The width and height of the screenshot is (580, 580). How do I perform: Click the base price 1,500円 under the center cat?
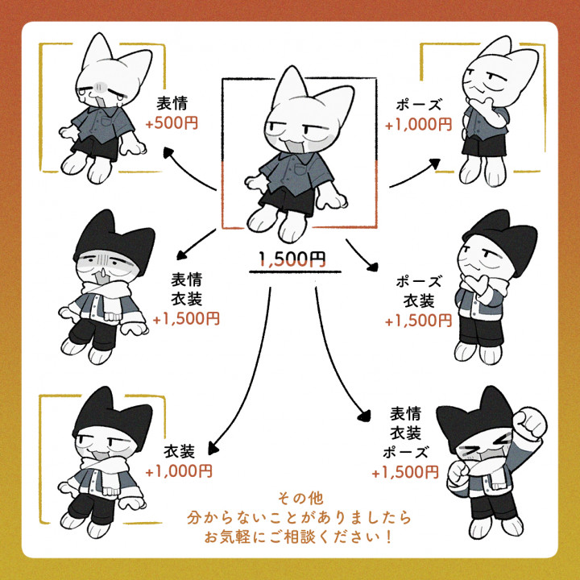click(292, 259)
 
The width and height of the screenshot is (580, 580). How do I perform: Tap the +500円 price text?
click(172, 123)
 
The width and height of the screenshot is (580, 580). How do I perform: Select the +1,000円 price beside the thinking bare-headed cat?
click(418, 125)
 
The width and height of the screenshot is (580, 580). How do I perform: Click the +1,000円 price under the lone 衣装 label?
click(179, 471)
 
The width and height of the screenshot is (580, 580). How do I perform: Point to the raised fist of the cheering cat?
click(530, 423)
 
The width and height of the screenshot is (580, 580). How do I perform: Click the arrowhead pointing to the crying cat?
click(168, 152)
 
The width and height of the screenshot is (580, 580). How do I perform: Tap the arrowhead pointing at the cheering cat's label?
click(365, 416)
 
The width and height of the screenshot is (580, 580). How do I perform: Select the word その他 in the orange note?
click(300, 499)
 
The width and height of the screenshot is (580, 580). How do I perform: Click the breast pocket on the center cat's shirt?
click(300, 169)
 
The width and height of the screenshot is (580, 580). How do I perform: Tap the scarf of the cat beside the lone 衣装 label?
click(105, 473)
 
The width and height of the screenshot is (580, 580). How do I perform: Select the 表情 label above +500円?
click(172, 103)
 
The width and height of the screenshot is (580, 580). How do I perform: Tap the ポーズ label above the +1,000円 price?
click(419, 105)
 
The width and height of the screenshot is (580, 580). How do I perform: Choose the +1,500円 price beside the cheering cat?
click(405, 472)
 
